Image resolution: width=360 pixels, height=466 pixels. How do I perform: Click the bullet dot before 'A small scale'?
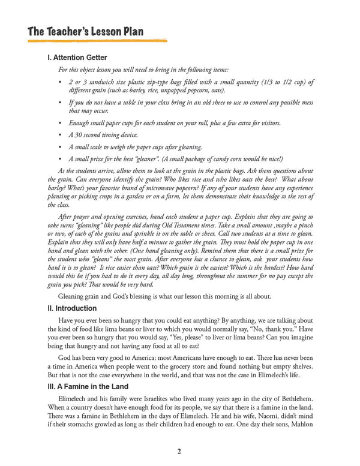(62, 147)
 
